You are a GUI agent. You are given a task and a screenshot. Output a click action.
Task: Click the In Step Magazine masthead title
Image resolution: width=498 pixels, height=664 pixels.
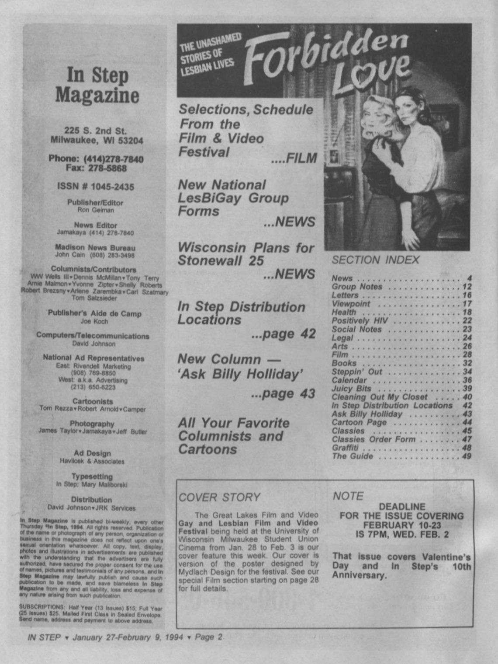pos(97,85)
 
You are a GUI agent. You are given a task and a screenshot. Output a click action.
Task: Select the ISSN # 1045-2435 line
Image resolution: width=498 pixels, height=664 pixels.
pos(96,187)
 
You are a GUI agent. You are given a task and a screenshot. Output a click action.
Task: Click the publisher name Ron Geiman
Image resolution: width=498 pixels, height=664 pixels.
pos(96,210)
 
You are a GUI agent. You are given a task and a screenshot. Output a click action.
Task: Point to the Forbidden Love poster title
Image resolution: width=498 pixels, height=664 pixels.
pos(328,59)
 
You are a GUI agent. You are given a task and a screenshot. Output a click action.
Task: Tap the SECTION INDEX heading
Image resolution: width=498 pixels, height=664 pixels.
pos(375,260)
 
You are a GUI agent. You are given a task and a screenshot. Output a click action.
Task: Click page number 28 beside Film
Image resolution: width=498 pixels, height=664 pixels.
pos(467,355)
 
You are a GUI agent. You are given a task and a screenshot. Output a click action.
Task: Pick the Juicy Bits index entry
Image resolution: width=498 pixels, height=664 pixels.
pos(351,388)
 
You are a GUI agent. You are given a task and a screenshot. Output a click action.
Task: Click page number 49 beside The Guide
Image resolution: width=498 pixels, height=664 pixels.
pos(467,456)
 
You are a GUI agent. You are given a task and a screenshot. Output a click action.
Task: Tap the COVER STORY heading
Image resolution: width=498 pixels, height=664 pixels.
pos(219,497)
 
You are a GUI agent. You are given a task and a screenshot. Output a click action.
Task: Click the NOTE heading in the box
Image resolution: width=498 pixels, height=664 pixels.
pos(348,496)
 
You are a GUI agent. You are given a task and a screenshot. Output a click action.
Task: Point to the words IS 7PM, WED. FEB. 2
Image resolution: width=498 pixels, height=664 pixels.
pos(402,534)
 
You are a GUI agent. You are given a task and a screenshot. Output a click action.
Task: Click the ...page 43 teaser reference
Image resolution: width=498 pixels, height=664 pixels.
pos(283,394)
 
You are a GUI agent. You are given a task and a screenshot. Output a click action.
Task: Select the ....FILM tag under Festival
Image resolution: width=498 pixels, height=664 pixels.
pos(294,159)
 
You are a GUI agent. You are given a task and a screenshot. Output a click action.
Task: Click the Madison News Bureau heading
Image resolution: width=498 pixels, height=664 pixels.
pos(95,247)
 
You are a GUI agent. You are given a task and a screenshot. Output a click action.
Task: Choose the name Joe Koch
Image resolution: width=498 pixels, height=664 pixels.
pos(94,322)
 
